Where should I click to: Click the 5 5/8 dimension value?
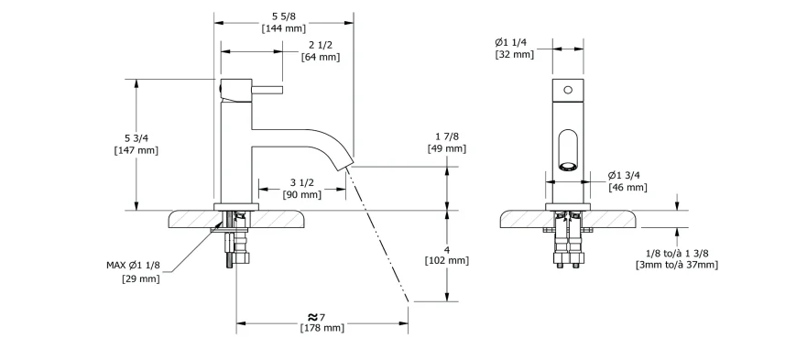pyautogui.click(x=284, y=16)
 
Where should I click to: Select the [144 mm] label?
pyautogui.click(x=284, y=28)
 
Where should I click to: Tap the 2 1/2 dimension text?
pyautogui.click(x=320, y=45)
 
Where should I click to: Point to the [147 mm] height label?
pyautogui.click(x=136, y=150)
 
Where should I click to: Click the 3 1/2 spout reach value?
pyautogui.click(x=301, y=182)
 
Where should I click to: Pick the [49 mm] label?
pyautogui.click(x=447, y=148)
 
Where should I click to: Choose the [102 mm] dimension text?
pyautogui.click(x=447, y=260)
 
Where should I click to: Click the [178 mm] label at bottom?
pyautogui.click(x=322, y=328)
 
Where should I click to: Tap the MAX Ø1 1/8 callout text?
pyautogui.click(x=134, y=266)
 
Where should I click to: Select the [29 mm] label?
pyautogui.click(x=140, y=278)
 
